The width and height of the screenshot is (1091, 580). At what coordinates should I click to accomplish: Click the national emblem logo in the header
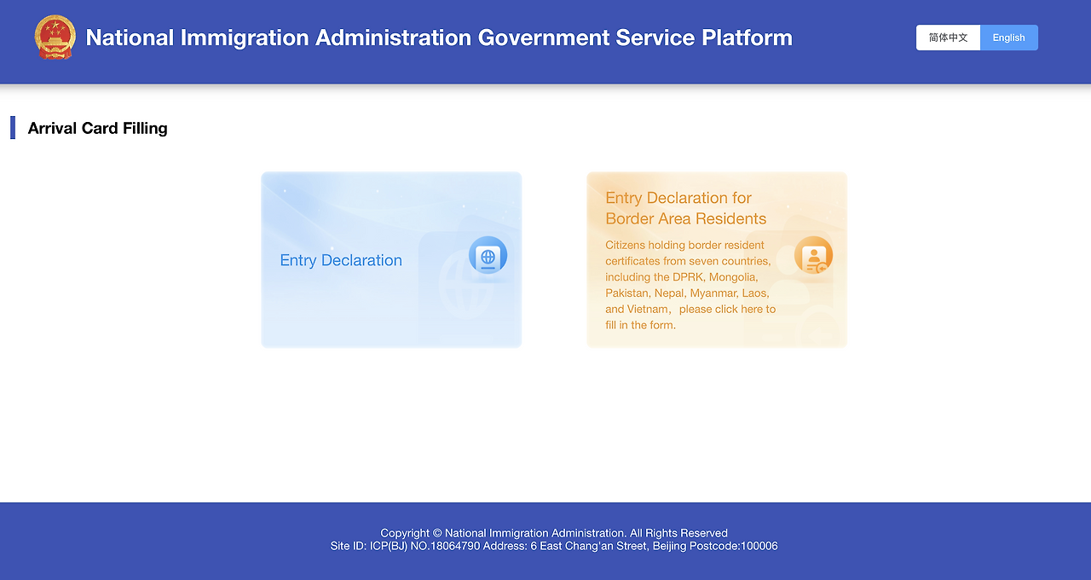point(55,37)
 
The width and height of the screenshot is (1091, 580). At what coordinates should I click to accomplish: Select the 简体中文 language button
point(948,38)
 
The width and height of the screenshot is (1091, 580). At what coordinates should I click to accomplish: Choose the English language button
point(1008,38)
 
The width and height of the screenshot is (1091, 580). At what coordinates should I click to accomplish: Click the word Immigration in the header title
point(245,38)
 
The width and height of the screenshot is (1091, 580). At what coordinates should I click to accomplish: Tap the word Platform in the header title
point(748,38)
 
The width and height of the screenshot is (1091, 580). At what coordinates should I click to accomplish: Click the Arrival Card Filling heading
point(97,128)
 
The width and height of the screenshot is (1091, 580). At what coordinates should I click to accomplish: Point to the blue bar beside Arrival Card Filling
point(13,128)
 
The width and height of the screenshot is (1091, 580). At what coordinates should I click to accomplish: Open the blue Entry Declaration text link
point(341,260)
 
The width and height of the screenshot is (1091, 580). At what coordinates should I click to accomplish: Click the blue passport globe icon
point(488,255)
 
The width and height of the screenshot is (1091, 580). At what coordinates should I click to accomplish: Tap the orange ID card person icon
point(813,255)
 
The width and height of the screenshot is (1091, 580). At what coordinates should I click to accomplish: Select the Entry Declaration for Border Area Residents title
point(686,208)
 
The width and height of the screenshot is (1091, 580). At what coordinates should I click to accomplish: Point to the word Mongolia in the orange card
point(733,277)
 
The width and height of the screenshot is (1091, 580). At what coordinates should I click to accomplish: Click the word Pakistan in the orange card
point(627,293)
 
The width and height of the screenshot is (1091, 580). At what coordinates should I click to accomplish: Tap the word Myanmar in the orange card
point(714,293)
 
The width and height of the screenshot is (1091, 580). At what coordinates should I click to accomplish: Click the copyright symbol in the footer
point(437,533)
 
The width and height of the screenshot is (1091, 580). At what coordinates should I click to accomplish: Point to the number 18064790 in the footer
point(455,546)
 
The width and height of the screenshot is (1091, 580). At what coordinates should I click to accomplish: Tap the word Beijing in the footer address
point(669,547)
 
